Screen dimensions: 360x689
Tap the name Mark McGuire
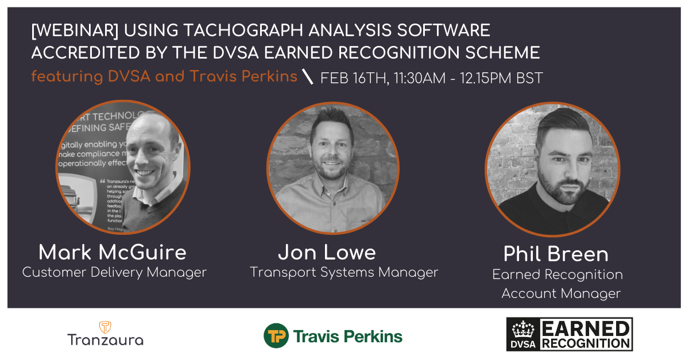(113, 252)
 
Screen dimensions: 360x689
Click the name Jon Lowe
(327, 252)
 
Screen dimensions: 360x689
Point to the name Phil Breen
(556, 254)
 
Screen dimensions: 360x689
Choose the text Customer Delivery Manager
(114, 272)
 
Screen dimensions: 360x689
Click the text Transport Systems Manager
(344, 272)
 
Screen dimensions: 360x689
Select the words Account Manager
(561, 293)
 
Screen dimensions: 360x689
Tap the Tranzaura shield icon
(105, 327)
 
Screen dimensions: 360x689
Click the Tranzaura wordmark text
(105, 339)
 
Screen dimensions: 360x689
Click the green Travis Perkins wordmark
(348, 336)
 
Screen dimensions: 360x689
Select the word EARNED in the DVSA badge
(585, 328)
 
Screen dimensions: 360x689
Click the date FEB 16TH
(353, 78)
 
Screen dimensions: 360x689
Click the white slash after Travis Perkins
(308, 77)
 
